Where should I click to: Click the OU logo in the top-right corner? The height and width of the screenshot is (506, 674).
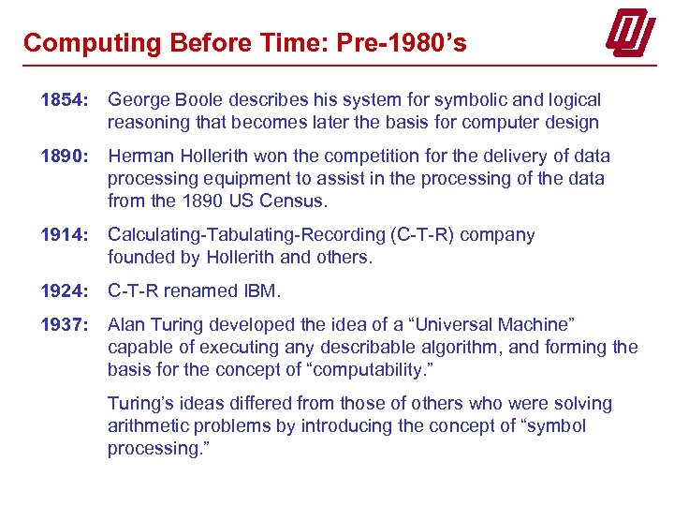pyautogui.click(x=631, y=35)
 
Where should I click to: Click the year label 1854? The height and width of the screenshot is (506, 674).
pyautogui.click(x=63, y=100)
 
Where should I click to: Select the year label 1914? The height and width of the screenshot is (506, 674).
pyautogui.click(x=63, y=235)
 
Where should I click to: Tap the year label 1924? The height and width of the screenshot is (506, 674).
pyautogui.click(x=63, y=291)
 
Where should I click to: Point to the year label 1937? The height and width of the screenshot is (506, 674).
pyautogui.click(x=63, y=325)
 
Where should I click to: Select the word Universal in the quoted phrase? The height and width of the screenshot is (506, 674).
pyautogui.click(x=460, y=325)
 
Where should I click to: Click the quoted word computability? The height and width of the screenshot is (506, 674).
pyautogui.click(x=358, y=370)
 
